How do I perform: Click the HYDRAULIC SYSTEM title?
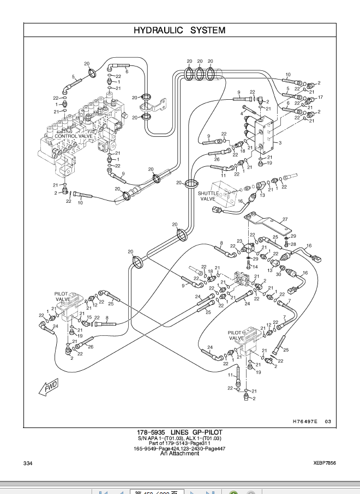pyautogui.click(x=179, y=31)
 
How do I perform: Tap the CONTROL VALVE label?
pyautogui.click(x=74, y=136)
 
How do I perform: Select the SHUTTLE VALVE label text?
pyautogui.click(x=208, y=196)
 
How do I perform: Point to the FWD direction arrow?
pyautogui.click(x=50, y=388)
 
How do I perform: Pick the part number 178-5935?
pyautogui.click(x=152, y=432)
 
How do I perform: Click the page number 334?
pyautogui.click(x=28, y=463)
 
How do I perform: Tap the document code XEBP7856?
pyautogui.click(x=325, y=463)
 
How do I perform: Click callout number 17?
pyautogui.click(x=320, y=98)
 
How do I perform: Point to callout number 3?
pyautogui.click(x=280, y=143)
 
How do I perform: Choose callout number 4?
pyautogui.click(x=242, y=114)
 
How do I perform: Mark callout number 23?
pyautogui.click(x=239, y=241)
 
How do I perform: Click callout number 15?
pyautogui.click(x=89, y=317)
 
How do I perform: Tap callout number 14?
pyautogui.click(x=255, y=267)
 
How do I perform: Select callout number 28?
pyautogui.click(x=293, y=245)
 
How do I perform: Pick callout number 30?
pyautogui.click(x=278, y=274)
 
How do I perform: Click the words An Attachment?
pyautogui.click(x=179, y=453)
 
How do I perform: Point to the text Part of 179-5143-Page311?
pyautogui.click(x=179, y=443)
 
